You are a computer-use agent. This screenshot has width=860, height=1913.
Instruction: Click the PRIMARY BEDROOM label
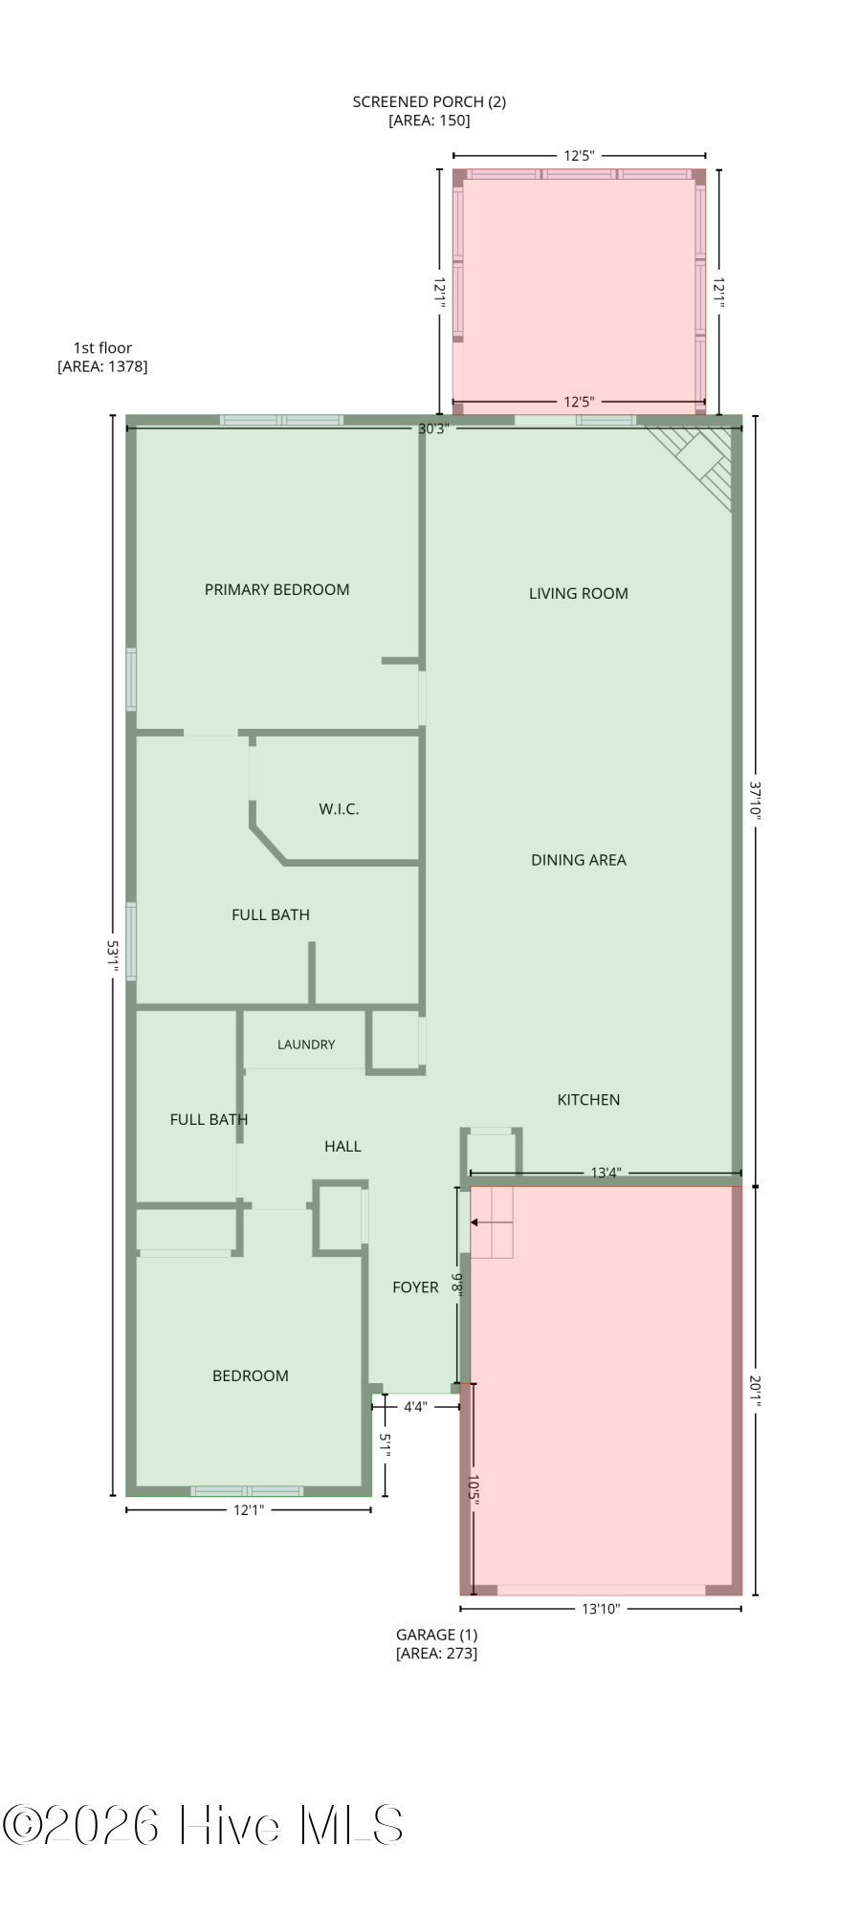pyautogui.click(x=276, y=589)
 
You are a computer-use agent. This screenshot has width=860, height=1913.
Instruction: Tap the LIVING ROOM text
pyautogui.click(x=579, y=593)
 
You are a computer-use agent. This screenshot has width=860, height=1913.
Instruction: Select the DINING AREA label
pyautogui.click(x=579, y=860)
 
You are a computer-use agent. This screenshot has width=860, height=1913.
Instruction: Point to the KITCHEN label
pyautogui.click(x=588, y=1100)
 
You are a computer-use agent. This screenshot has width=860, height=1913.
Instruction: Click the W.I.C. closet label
pyautogui.click(x=339, y=809)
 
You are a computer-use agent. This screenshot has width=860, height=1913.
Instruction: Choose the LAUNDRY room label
pyautogui.click(x=306, y=1044)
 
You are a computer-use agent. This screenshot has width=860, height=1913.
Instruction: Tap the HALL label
pyautogui.click(x=342, y=1146)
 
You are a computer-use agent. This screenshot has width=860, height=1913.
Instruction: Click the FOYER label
pyautogui.click(x=415, y=1287)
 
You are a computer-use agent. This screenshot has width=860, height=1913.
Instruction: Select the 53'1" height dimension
pyautogui.click(x=113, y=956)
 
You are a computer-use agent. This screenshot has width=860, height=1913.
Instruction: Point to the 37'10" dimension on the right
pyautogui.click(x=755, y=802)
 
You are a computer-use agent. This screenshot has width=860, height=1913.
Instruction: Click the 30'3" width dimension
pyautogui.click(x=432, y=429)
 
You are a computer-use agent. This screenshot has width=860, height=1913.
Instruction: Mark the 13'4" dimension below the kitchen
pyautogui.click(x=606, y=1173)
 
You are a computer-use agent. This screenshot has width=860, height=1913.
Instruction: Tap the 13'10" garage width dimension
pyautogui.click(x=601, y=1609)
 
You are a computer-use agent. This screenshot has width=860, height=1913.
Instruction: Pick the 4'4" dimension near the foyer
pyautogui.click(x=415, y=1407)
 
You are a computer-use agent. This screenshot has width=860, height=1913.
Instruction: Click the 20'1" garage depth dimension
pyautogui.click(x=755, y=1391)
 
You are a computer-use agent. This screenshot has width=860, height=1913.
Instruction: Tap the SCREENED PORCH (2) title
pyautogui.click(x=430, y=101)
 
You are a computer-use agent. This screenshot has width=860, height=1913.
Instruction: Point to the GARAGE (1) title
pyautogui.click(x=437, y=1635)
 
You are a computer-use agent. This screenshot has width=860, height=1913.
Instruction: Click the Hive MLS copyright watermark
pyautogui.click(x=203, y=1825)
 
